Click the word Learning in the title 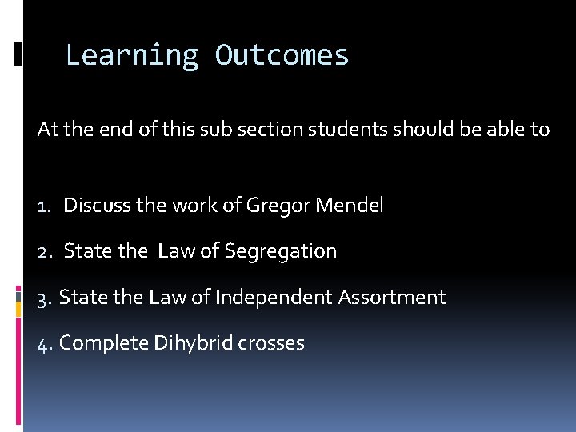coord(131,56)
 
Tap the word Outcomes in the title coord(282,56)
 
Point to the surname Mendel coord(350,206)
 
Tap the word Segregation coord(281,252)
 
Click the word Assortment coord(392,298)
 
